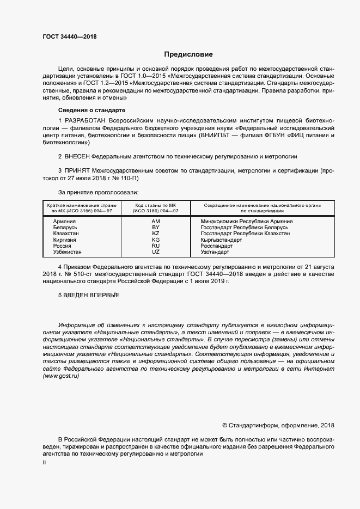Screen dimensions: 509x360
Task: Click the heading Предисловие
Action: [188, 54]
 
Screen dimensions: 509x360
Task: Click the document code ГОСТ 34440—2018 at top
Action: [66, 36]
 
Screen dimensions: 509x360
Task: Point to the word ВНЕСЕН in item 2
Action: [76, 156]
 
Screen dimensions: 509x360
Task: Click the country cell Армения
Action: [64, 222]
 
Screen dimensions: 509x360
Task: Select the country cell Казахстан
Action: [66, 234]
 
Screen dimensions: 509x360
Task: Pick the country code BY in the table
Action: [155, 228]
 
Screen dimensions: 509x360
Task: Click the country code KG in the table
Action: [155, 240]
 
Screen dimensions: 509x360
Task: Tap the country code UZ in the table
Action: [155, 252]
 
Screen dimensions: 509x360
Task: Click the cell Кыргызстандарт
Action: [221, 240]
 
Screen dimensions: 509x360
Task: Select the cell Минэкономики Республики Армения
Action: [246, 222]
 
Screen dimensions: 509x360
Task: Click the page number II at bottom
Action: [44, 463]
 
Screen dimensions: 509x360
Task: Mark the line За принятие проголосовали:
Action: [98, 192]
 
